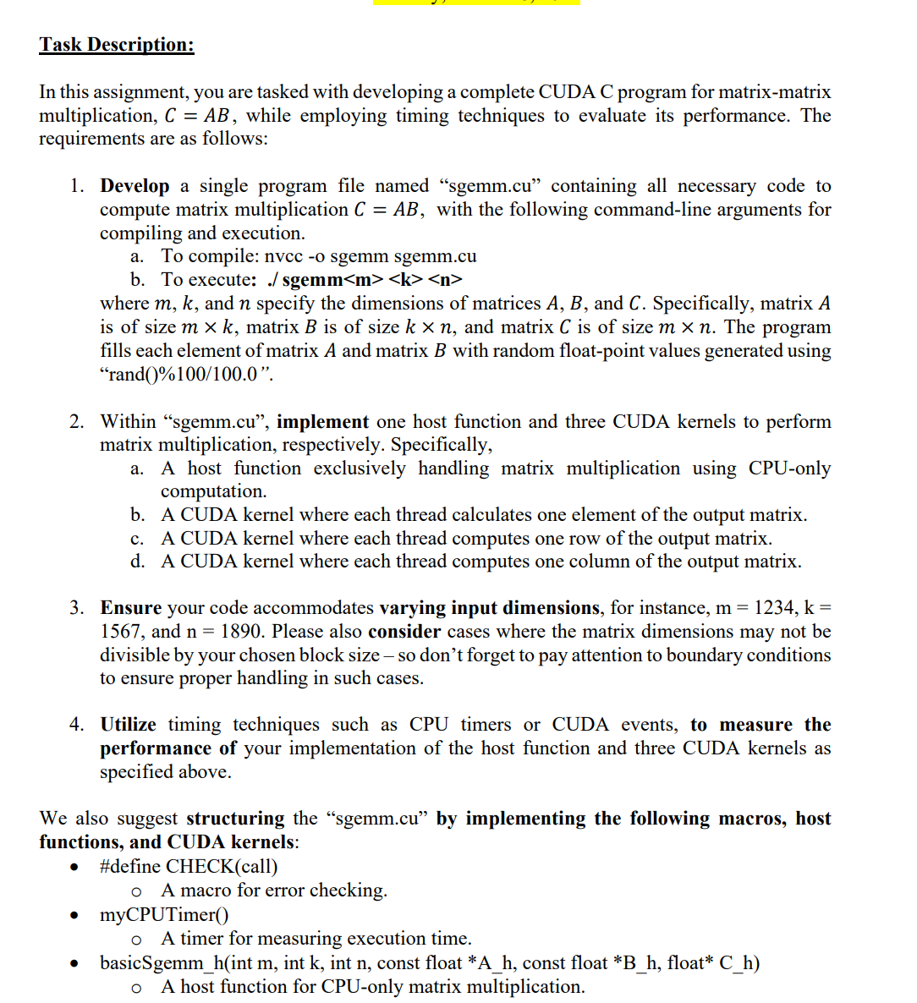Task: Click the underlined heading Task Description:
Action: click(117, 45)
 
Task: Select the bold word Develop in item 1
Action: click(135, 186)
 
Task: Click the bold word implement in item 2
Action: click(322, 422)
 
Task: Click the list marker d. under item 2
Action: click(137, 562)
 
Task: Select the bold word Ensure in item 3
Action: click(131, 608)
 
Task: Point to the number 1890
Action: click(241, 632)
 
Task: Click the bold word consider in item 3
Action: click(404, 632)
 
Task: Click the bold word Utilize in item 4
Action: click(129, 725)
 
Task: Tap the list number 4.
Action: click(77, 725)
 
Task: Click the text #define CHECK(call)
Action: click(189, 867)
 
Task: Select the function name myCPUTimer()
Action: click(164, 915)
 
